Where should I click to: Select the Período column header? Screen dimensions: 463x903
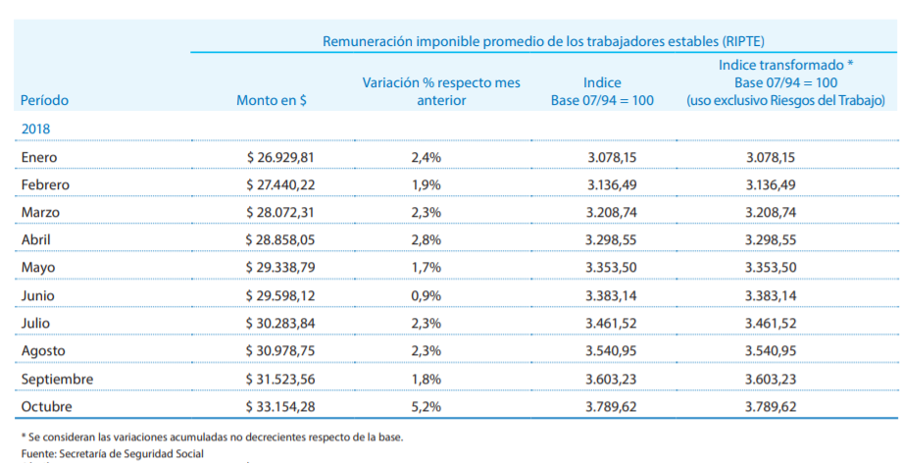tap(44, 100)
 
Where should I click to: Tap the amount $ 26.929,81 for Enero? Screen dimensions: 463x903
tap(280, 157)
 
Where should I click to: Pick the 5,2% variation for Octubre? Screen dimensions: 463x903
tap(426, 406)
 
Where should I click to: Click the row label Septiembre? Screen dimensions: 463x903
tap(57, 379)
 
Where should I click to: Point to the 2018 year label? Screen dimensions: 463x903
tap(35, 129)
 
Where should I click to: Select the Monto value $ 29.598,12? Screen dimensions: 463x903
tap(280, 295)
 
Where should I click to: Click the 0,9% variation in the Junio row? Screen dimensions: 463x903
tap(426, 295)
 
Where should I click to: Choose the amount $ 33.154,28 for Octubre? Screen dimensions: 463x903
tap(280, 406)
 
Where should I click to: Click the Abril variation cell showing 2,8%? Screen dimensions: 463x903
tap(426, 239)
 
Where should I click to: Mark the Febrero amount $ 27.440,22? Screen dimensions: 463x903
tap(280, 184)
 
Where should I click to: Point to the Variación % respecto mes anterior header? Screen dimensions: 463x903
tap(441, 91)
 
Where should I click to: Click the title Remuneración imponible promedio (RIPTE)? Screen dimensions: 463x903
tap(543, 41)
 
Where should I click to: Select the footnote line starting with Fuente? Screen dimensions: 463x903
tap(112, 453)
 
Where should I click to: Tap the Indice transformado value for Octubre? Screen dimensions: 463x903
tap(771, 406)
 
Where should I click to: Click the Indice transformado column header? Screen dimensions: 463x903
tap(785, 82)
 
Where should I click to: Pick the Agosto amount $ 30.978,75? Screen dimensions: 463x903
tap(280, 350)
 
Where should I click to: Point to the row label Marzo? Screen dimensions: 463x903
tap(39, 212)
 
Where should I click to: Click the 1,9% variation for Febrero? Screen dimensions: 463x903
tap(426, 184)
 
